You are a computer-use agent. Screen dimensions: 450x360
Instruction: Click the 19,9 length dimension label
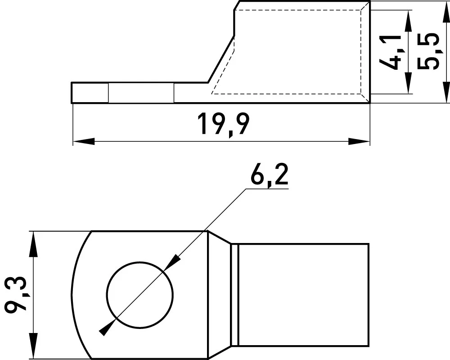click(x=223, y=125)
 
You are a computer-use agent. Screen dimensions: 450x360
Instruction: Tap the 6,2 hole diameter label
click(x=269, y=175)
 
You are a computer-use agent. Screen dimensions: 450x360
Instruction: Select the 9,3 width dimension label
click(x=16, y=295)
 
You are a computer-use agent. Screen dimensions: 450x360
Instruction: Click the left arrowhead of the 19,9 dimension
click(x=84, y=141)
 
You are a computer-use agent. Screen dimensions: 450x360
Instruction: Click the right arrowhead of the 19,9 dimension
click(x=359, y=141)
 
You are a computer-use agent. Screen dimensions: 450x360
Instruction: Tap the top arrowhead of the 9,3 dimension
click(x=34, y=242)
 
